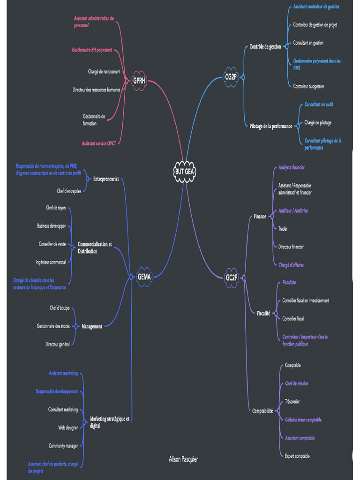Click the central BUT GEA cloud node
(184, 172)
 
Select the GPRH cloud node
(139, 81)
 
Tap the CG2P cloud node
(231, 77)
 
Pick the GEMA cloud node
(144, 277)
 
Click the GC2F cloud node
(232, 277)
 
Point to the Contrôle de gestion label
(265, 47)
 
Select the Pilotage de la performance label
(271, 126)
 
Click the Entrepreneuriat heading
(106, 179)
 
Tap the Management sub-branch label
(92, 326)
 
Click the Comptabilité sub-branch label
(262, 411)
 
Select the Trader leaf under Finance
(283, 229)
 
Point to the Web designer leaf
(68, 427)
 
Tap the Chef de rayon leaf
(56, 208)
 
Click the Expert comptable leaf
(297, 456)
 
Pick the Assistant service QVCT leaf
(98, 143)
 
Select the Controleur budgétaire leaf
(308, 86)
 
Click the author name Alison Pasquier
(183, 459)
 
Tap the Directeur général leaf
(58, 344)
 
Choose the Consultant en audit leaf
(319, 105)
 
